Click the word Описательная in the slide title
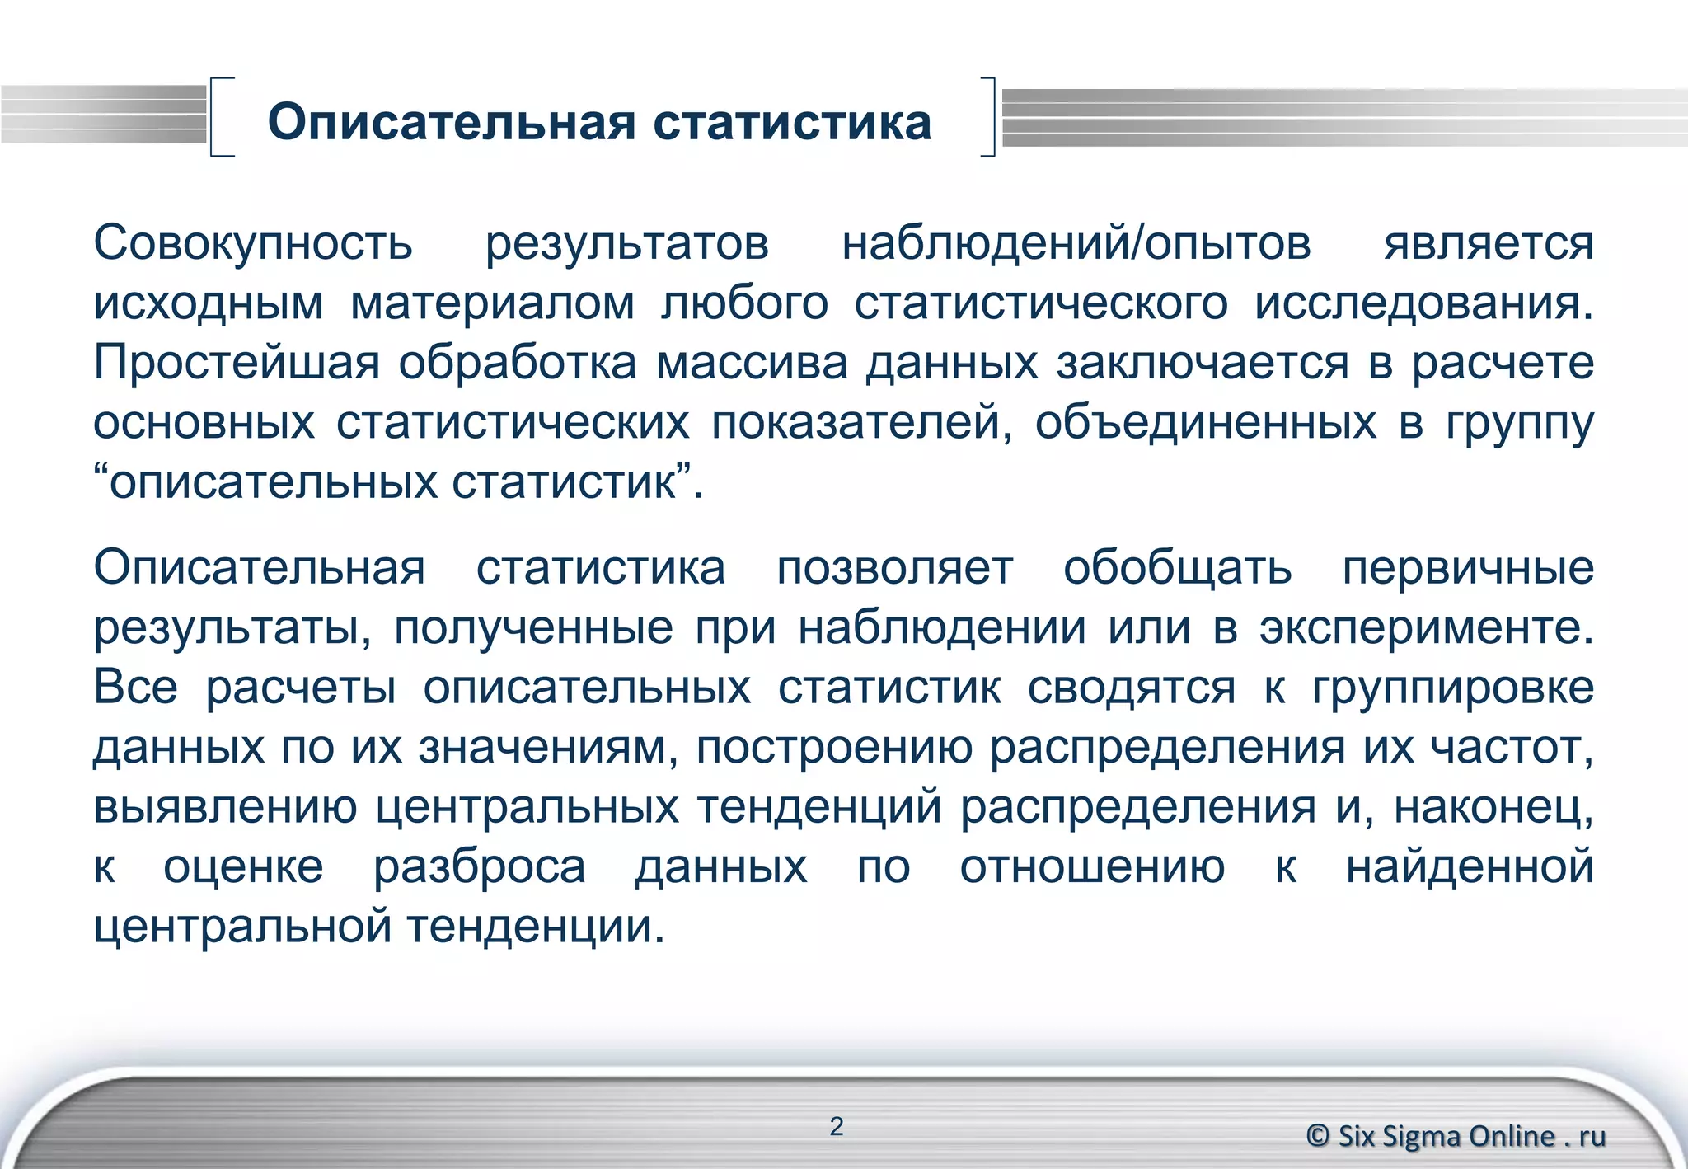pyautogui.click(x=452, y=123)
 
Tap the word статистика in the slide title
pyautogui.click(x=792, y=123)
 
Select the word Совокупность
pyautogui.click(x=253, y=244)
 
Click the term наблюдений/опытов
pyautogui.click(x=1076, y=244)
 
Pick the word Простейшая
pyautogui.click(x=237, y=363)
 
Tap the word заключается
pyautogui.click(x=1203, y=363)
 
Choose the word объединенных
pyautogui.click(x=1205, y=423)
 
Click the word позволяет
pyautogui.click(x=894, y=569)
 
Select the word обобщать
pyautogui.click(x=1177, y=569)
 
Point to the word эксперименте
pyautogui.click(x=1425, y=628)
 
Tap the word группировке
pyautogui.click(x=1453, y=688)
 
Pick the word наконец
pyautogui.click(x=1493, y=807)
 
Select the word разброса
pyautogui.click(x=479, y=867)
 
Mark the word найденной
pyautogui.click(x=1470, y=867)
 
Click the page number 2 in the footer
pyautogui.click(x=837, y=1126)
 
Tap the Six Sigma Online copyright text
pyautogui.click(x=1456, y=1136)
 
